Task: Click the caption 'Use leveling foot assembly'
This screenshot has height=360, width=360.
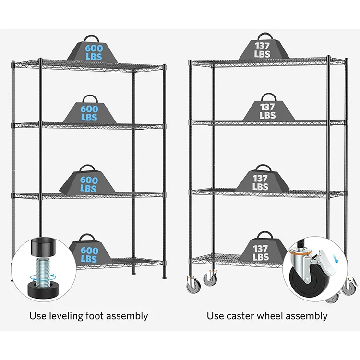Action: [x=88, y=316]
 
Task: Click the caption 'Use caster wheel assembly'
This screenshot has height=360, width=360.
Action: [x=267, y=316]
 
